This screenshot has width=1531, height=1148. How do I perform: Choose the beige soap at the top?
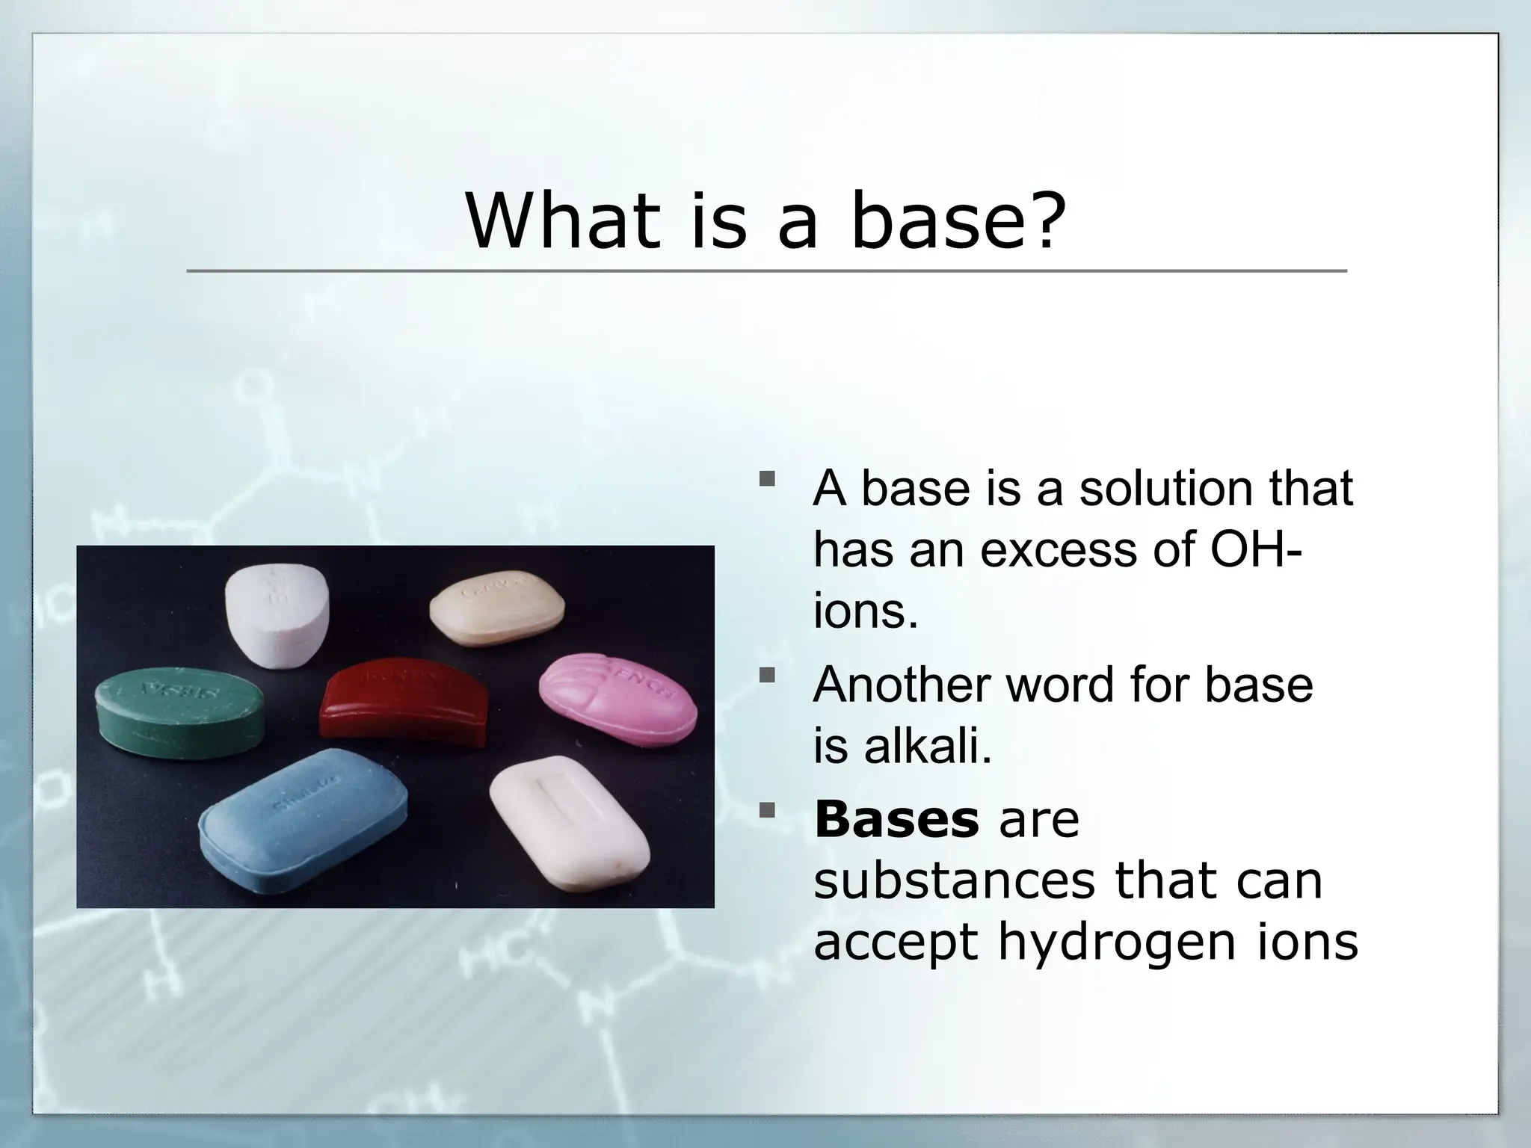point(497,608)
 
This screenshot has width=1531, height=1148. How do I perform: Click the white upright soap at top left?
point(277,614)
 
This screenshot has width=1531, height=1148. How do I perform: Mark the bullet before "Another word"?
point(766,675)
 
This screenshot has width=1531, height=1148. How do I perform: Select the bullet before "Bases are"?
point(766,809)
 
